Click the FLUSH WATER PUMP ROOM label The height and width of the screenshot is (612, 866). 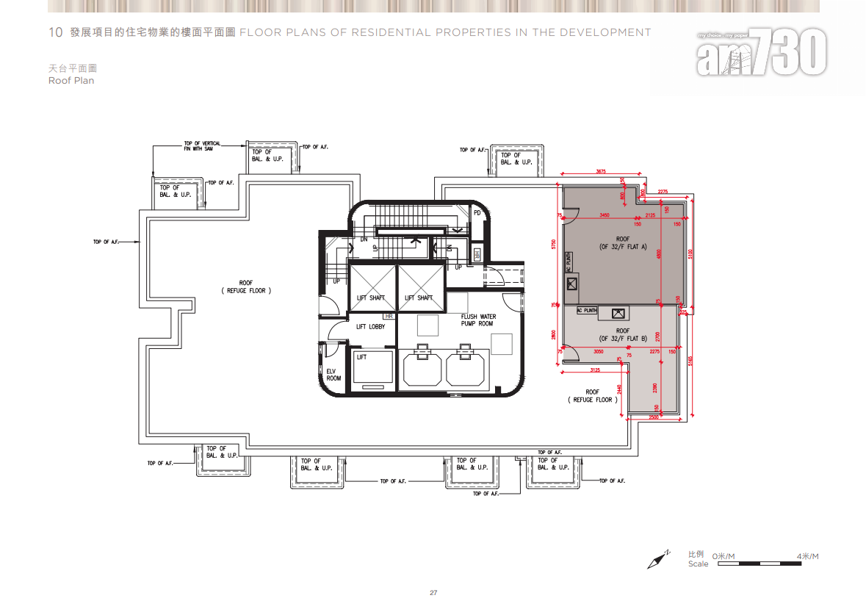pos(478,320)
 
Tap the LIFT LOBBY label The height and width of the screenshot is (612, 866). pos(370,326)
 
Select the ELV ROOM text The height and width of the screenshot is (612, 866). pos(333,375)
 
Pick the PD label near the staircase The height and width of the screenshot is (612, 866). pos(477,213)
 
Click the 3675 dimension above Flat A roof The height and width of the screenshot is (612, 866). pos(601,171)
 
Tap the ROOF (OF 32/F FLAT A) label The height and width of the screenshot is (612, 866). pos(622,243)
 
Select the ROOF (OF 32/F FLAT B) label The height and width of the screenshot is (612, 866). pos(622,334)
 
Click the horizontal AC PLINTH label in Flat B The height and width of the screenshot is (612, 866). pos(587,310)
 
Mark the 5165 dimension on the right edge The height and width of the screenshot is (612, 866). pos(692,361)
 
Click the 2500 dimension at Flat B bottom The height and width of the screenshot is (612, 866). pos(654,418)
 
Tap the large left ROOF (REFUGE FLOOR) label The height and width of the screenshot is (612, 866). pos(245,287)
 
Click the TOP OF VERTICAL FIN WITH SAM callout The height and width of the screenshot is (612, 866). pos(201,145)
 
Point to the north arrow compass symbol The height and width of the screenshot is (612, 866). pos(659,560)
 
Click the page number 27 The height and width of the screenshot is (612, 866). pos(433,593)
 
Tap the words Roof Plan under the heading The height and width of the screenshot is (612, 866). pos(71,81)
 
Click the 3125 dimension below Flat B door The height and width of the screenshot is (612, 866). pos(595,369)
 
